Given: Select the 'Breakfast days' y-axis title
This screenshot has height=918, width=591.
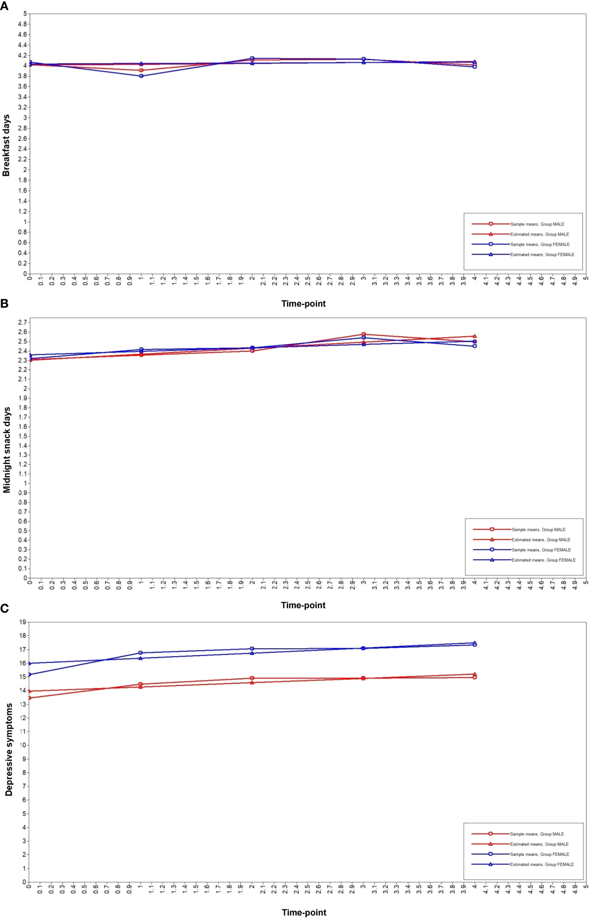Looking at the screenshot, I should click(x=6, y=145).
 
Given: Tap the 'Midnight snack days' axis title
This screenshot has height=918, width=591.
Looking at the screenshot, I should click(x=7, y=450).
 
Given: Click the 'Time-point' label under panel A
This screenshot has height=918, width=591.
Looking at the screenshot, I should click(x=303, y=304).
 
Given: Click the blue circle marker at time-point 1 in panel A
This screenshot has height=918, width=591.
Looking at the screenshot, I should click(x=141, y=76).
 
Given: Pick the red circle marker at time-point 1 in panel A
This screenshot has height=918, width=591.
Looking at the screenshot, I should click(x=141, y=70).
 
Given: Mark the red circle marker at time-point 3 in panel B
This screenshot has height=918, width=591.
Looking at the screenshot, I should click(x=363, y=334).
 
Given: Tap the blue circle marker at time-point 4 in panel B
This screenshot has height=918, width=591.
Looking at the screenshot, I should click(x=475, y=346).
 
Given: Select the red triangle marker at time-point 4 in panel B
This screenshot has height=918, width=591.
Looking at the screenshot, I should click(x=475, y=336).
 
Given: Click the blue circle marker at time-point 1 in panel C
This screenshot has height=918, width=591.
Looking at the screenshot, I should click(x=141, y=653).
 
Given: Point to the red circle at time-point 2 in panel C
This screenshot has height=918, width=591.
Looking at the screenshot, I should click(x=252, y=678).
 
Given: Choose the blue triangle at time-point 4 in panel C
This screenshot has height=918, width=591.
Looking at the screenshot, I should click(x=475, y=643).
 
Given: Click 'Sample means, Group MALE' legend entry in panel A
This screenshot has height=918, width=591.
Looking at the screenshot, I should click(x=537, y=224).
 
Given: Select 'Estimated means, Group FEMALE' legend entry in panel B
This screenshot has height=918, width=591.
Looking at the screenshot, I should click(x=543, y=560).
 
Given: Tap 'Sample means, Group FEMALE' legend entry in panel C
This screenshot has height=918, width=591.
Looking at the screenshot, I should click(x=539, y=854).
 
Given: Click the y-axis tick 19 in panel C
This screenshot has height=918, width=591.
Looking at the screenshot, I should click(x=23, y=622).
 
